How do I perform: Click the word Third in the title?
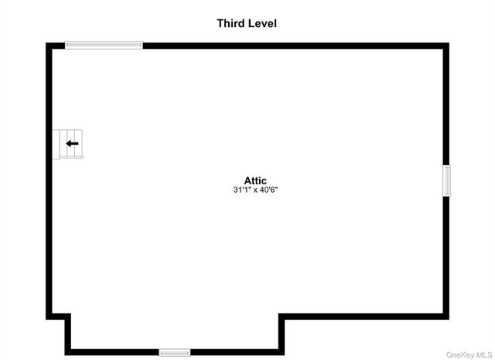230,23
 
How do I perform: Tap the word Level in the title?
262,23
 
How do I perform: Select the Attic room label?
255,180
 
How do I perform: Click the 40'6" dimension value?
268,190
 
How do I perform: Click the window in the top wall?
104,45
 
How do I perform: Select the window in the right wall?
446,180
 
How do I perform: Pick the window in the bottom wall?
175,352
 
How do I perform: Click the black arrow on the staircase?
72,143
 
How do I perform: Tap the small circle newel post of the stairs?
82,156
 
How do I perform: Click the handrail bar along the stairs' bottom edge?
70,156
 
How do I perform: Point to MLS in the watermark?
485,355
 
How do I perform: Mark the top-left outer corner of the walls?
46,43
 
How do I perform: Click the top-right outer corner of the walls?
449,43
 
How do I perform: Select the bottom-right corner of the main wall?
449,319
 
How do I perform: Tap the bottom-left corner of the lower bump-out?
65,355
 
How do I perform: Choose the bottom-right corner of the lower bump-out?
284,355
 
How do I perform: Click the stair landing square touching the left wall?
56,145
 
